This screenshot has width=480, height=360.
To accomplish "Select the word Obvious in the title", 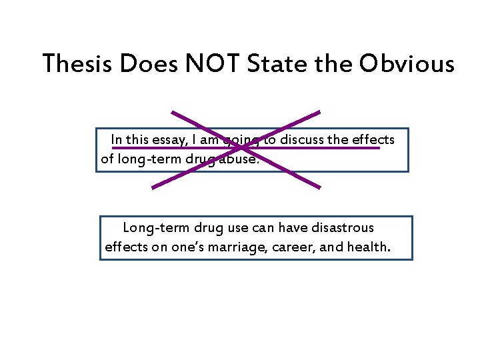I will pyautogui.click(x=407, y=64).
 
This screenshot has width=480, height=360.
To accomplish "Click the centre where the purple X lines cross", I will pyautogui.click(x=237, y=149).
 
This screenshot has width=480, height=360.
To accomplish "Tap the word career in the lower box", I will pyautogui.click(x=297, y=247).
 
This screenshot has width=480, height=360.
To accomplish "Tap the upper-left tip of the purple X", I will pyautogui.click(x=171, y=111).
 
